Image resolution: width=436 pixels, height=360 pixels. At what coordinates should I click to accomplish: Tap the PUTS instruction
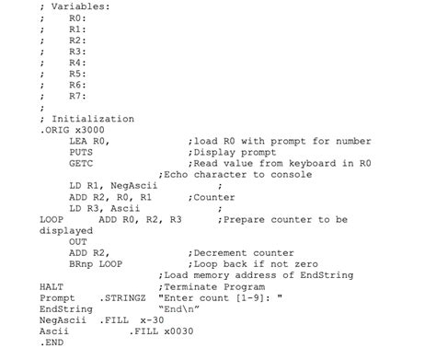coord(80,152)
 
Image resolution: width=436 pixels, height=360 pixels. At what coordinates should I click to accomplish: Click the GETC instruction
coord(80,163)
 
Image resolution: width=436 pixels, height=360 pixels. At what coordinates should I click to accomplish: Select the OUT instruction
coord(77,241)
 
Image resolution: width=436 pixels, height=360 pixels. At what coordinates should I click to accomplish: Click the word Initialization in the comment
coord(92,119)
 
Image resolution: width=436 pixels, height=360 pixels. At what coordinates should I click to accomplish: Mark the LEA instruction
coord(77,141)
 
